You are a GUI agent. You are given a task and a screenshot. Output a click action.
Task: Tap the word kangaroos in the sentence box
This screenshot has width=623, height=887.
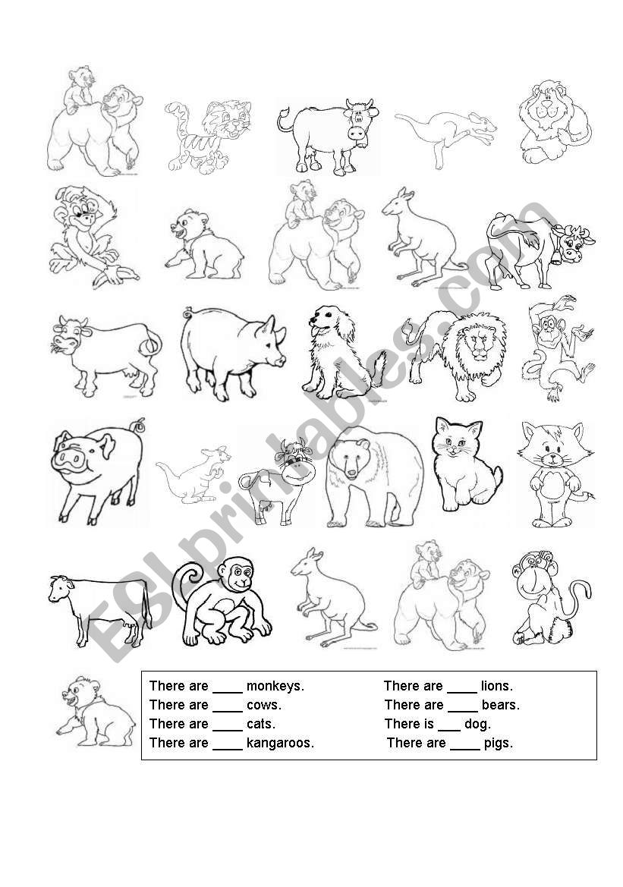(x=280, y=743)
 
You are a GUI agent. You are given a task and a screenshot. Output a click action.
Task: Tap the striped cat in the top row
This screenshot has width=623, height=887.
(x=209, y=137)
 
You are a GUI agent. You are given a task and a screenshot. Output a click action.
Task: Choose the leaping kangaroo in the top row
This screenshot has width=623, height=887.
(x=445, y=137)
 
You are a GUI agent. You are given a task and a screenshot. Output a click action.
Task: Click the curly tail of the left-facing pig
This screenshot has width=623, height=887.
(x=137, y=426)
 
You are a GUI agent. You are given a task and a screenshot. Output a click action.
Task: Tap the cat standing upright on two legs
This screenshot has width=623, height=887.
(x=554, y=474)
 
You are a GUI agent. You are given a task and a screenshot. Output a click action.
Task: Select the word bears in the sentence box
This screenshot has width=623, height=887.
(x=500, y=705)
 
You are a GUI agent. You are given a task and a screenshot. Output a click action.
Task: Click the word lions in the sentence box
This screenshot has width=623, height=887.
(x=497, y=686)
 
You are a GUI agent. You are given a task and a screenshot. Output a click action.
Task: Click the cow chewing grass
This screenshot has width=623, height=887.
(x=105, y=356)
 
